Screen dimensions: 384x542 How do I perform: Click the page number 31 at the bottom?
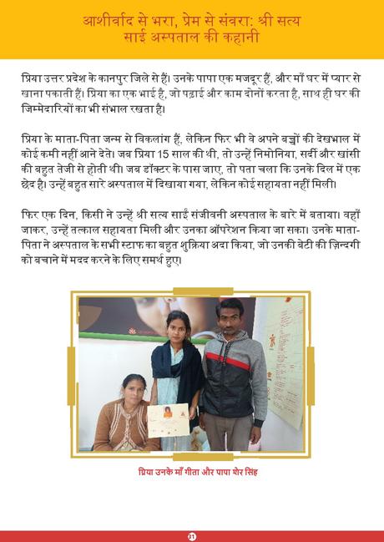(191, 535)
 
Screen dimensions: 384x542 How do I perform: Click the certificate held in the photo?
(168, 420)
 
